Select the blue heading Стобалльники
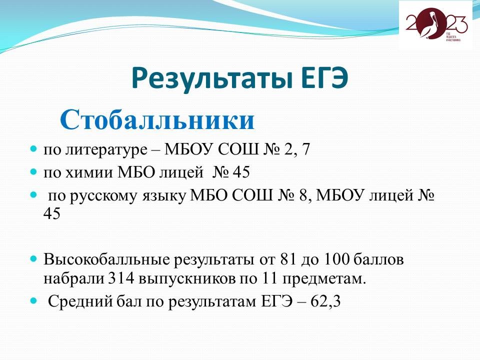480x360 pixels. pos(157,119)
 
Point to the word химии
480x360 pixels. pos(91,172)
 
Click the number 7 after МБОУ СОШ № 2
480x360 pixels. pos(305,149)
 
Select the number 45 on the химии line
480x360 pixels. pos(241,172)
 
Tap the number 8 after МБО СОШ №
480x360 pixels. pos(303,195)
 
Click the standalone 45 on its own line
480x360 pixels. pos(51,213)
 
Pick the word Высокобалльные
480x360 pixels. pos(106,259)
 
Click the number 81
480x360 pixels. pos(288,259)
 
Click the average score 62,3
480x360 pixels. pos(325,302)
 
